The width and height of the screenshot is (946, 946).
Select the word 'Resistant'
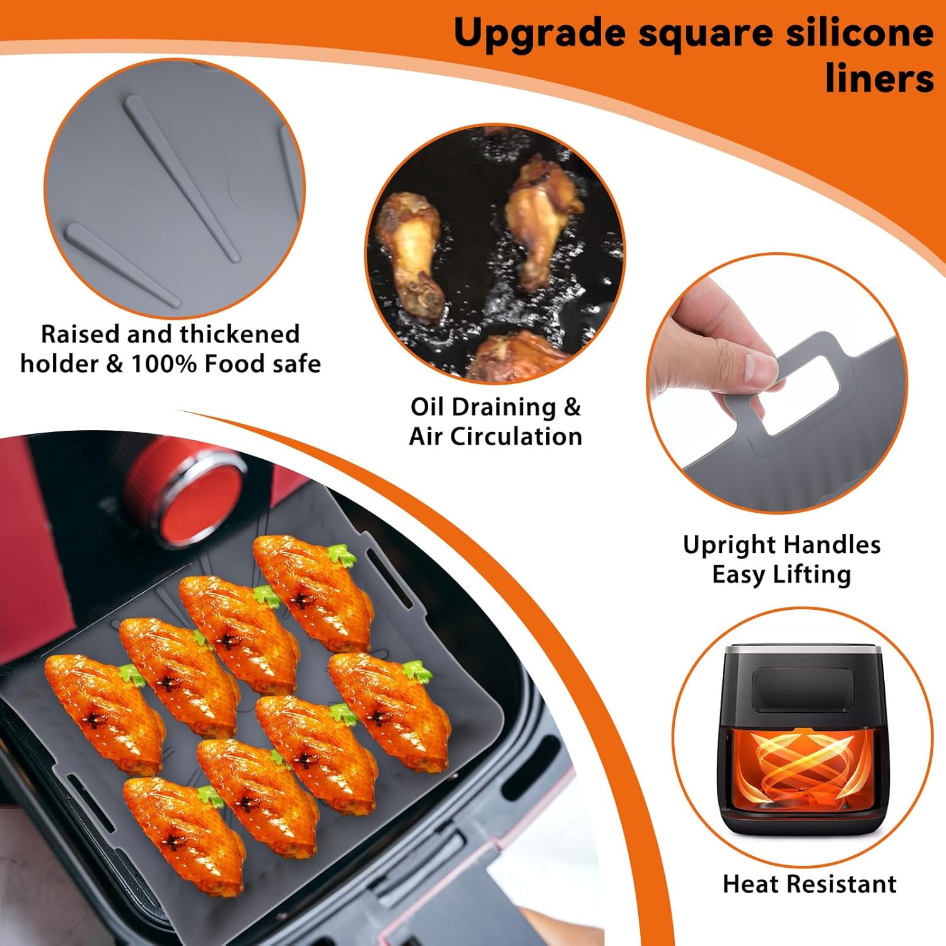(840, 884)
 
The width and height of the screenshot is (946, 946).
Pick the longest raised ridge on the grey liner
(182, 178)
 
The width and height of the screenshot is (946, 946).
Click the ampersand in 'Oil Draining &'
(571, 408)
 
